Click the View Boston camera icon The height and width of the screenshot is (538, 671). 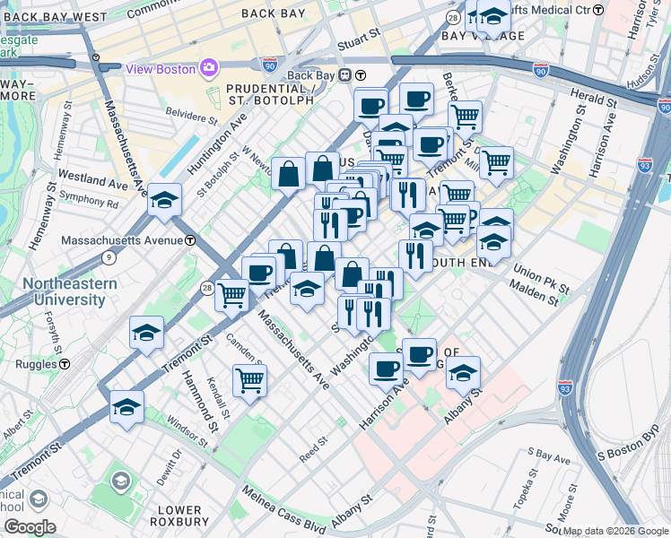pyautogui.click(x=209, y=68)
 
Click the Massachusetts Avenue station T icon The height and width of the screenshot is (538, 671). pyautogui.click(x=190, y=241)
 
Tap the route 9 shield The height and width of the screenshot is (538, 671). pyautogui.click(x=109, y=258)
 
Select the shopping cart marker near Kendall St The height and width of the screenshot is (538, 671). pyautogui.click(x=249, y=378)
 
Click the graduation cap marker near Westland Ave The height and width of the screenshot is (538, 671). pyautogui.click(x=165, y=199)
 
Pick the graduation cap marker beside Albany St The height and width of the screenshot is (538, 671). pyautogui.click(x=463, y=371)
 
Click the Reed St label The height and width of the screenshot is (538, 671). pyautogui.click(x=315, y=443)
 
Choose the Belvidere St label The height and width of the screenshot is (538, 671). pyautogui.click(x=192, y=115)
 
